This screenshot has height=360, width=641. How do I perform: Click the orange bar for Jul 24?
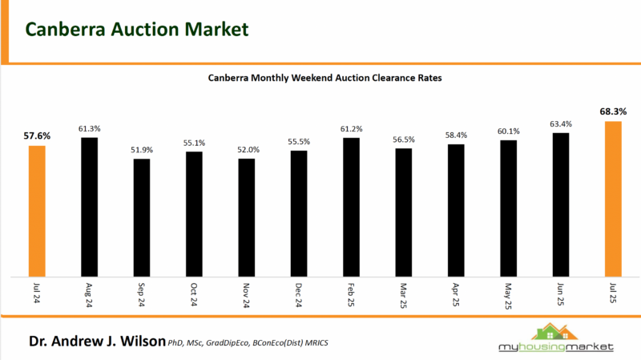(37, 211)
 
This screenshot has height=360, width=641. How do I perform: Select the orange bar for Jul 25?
(613, 199)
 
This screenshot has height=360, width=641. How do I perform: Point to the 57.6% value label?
(37, 136)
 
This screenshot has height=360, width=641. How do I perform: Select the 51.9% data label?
(142, 149)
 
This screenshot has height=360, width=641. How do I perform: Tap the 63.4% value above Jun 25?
(561, 123)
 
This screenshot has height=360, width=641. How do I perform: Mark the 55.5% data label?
(299, 141)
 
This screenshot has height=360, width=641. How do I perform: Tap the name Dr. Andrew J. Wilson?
(96, 341)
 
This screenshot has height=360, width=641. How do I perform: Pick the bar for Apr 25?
(456, 210)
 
